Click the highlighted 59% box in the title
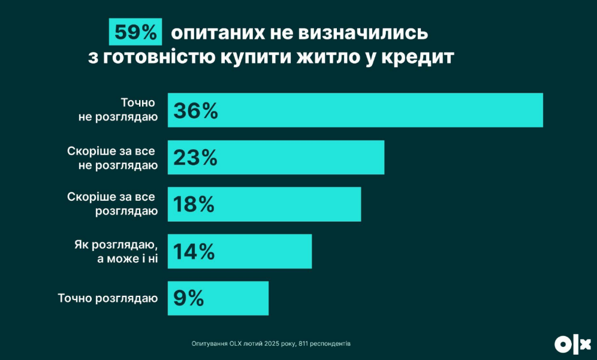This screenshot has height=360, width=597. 135,32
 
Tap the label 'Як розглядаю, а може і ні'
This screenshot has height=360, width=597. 116,251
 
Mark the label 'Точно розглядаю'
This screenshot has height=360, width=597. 108,298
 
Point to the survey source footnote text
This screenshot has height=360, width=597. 271,343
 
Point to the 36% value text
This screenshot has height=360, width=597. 195,111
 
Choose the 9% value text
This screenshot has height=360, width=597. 189,298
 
